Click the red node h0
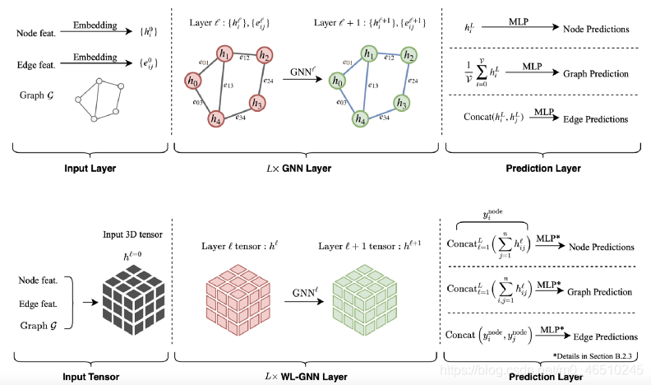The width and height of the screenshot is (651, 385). point(194,81)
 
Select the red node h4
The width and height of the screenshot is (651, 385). point(217,118)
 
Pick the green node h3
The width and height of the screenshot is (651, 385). point(400,103)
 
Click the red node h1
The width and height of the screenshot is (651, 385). point(224,54)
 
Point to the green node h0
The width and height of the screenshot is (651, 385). point(337,81)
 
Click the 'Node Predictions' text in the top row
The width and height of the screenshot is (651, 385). point(597,30)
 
